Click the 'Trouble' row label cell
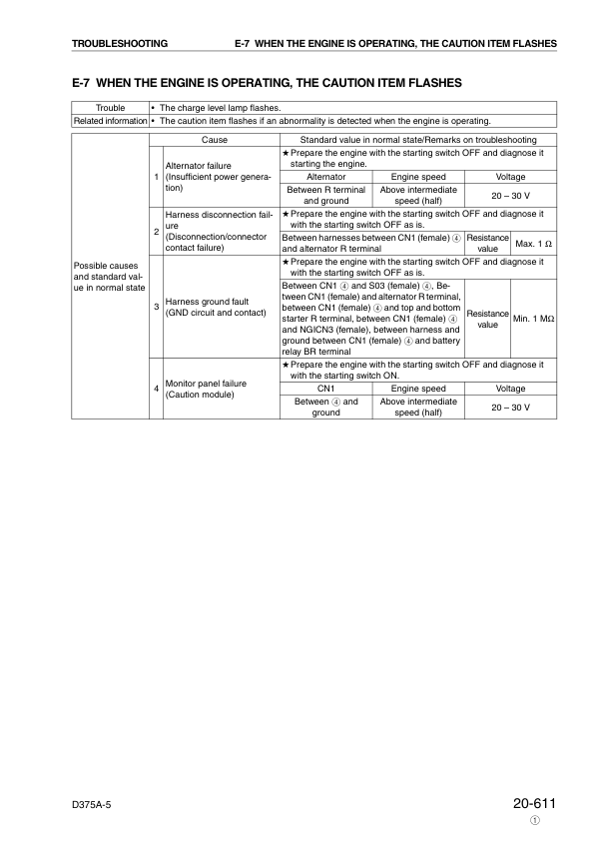109,107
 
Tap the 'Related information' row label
109,121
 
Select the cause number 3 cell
156,306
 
